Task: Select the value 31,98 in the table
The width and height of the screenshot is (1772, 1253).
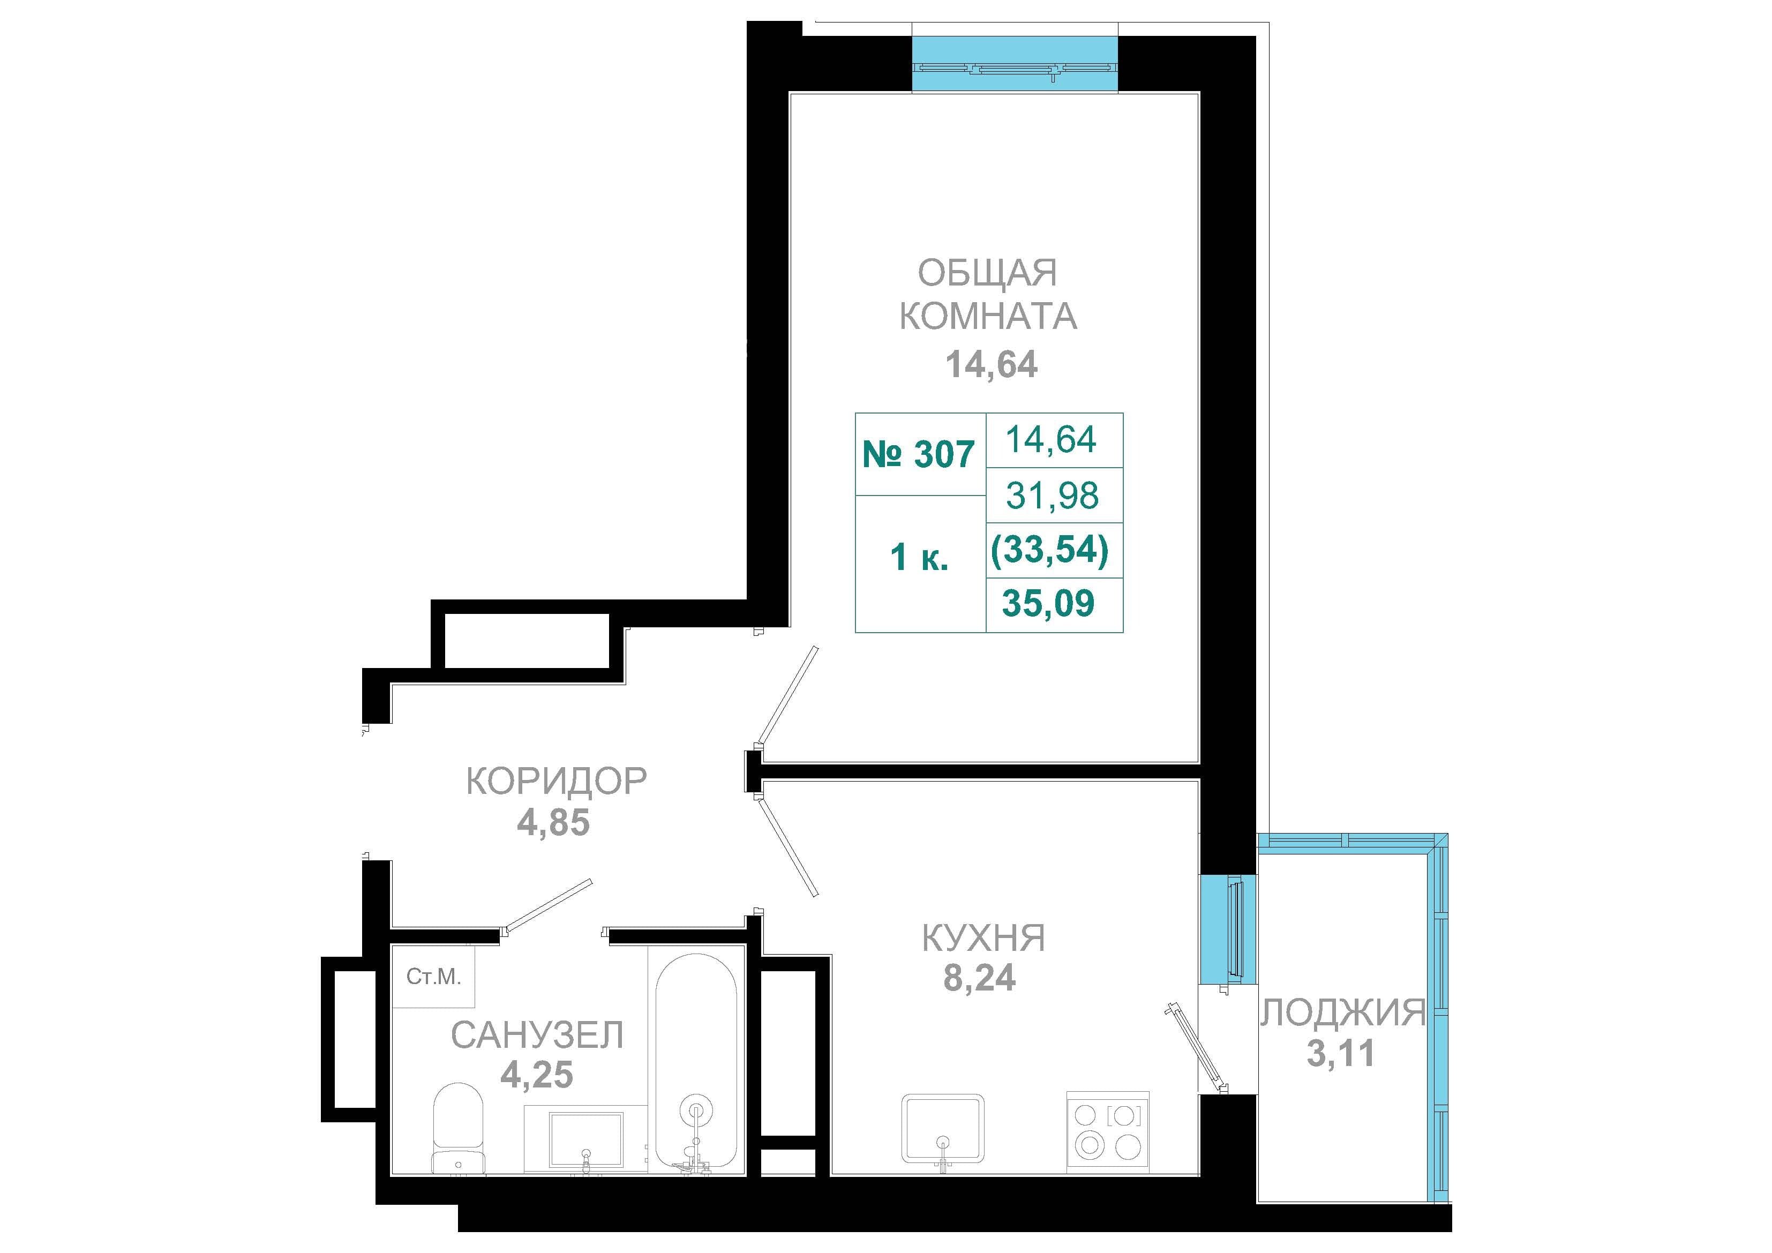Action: click(1053, 495)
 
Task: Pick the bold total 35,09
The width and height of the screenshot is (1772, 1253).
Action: click(1048, 603)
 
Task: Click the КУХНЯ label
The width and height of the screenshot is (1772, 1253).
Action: click(984, 939)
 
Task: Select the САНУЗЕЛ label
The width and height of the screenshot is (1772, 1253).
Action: click(537, 1036)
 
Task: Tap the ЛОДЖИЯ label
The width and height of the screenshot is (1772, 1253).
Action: click(1343, 1012)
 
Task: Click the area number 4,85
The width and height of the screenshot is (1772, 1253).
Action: click(553, 823)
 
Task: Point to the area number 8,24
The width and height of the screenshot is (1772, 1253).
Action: click(979, 978)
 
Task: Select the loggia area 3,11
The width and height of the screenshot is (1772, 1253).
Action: click(1341, 1053)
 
